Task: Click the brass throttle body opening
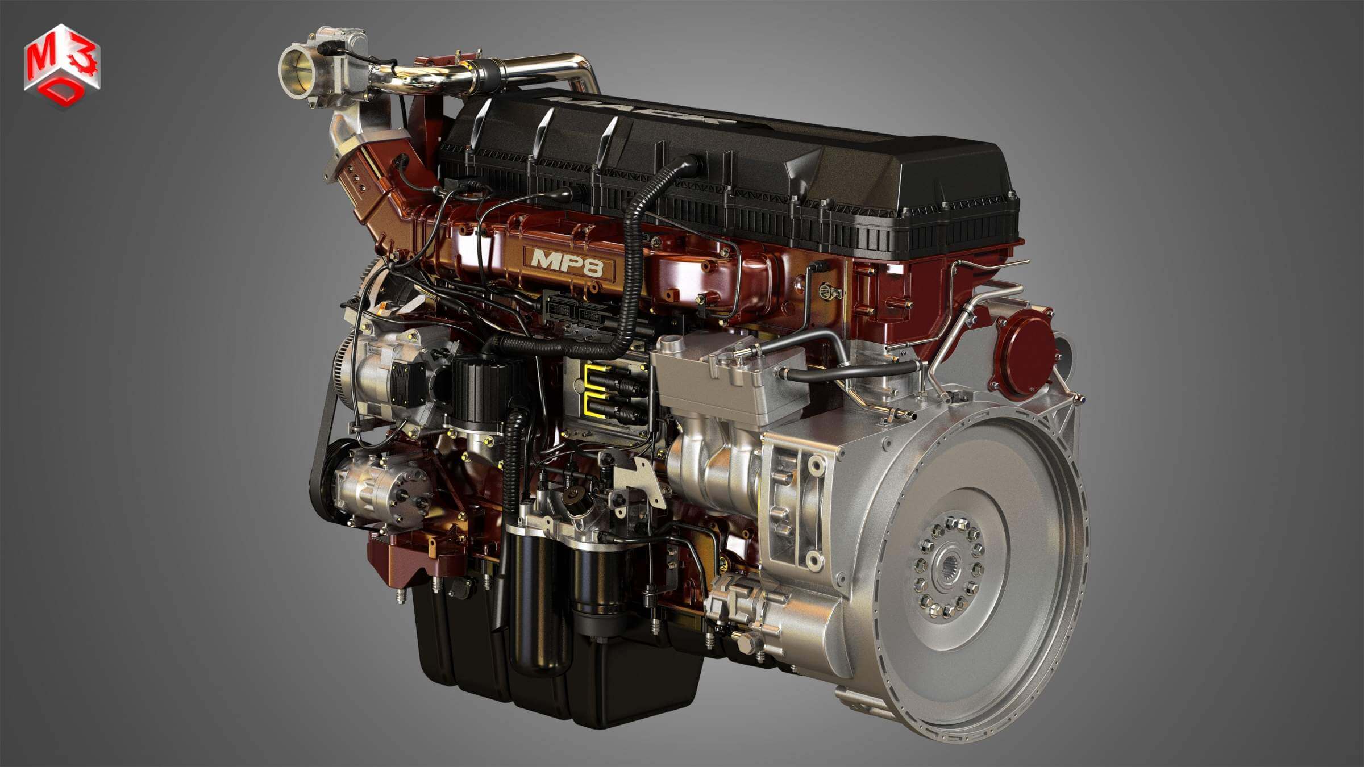(297, 68)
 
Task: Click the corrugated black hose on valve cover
(642, 227)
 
